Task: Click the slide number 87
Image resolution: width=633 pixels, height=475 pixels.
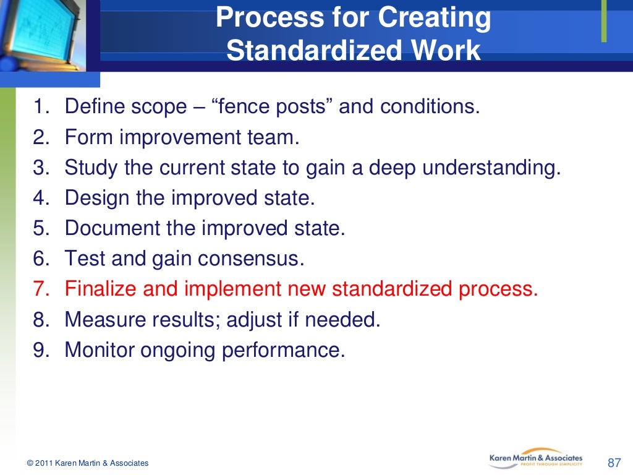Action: pos(614,463)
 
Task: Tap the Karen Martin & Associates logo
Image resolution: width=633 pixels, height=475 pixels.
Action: pos(535,458)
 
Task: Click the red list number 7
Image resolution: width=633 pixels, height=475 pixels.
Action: pos(40,289)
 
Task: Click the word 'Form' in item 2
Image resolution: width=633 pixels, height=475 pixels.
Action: pos(89,137)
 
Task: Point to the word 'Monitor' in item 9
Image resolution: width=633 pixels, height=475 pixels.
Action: pos(100,350)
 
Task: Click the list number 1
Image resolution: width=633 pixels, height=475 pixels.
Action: pos(40,107)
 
